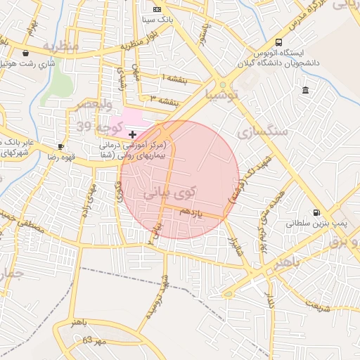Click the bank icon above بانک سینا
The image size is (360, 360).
pos(157,9)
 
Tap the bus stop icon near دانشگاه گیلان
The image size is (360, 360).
pos(279,42)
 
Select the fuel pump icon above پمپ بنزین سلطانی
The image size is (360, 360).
pos(316,212)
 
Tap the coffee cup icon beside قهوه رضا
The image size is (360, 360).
pos(61,147)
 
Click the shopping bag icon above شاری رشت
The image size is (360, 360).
pos(26,53)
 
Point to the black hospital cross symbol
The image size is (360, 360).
pos(132,134)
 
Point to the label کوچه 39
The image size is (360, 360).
pos(94,125)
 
